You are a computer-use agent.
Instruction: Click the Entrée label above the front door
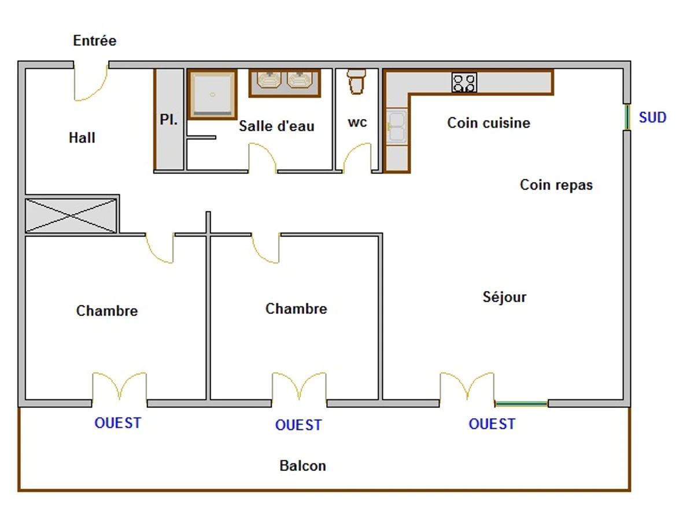coord(95,41)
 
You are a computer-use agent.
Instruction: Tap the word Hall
coord(82,138)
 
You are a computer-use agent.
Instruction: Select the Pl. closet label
coord(169,121)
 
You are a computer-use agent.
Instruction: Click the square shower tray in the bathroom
coord(213,94)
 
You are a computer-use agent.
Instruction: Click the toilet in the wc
coord(356,81)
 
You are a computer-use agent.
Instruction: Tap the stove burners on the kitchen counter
coord(464,83)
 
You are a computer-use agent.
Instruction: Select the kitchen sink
coord(397,126)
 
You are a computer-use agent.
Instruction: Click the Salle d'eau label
coord(276,126)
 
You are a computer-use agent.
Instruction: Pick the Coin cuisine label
coord(489,122)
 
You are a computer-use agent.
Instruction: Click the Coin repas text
coord(556,185)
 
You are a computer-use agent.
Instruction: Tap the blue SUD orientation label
coord(653,118)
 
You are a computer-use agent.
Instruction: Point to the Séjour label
coord(505,297)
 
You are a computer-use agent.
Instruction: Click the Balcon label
coord(302,466)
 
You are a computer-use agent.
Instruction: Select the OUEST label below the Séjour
coord(492,424)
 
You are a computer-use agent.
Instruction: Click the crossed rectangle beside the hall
coord(71,216)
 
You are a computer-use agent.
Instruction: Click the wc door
coord(357,158)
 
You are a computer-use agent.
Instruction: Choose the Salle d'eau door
coord(263,157)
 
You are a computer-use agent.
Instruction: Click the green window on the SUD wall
coord(627,117)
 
